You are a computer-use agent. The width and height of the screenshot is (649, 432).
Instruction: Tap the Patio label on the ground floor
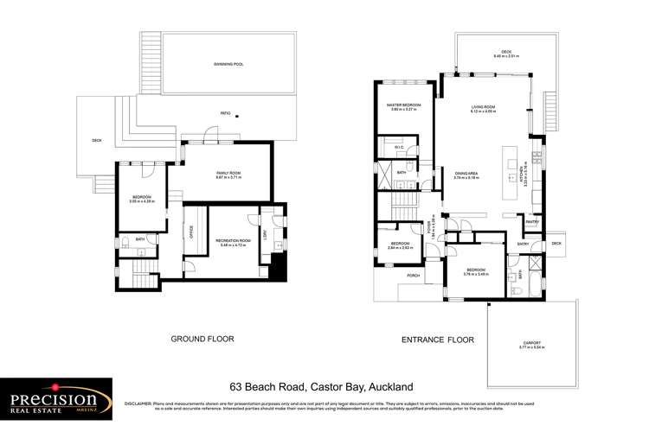[225, 113]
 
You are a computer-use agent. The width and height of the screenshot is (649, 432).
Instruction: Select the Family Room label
[228, 175]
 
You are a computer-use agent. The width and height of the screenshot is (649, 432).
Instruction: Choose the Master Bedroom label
[403, 107]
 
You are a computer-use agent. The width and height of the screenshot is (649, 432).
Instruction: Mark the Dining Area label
[466, 175]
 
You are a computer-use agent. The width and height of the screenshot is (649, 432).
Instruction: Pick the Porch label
[414, 276]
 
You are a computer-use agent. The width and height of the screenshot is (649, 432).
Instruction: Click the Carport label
[530, 343]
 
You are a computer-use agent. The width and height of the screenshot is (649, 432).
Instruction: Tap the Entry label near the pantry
[523, 244]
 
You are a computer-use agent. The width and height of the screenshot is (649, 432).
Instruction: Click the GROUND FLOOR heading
[200, 340]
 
